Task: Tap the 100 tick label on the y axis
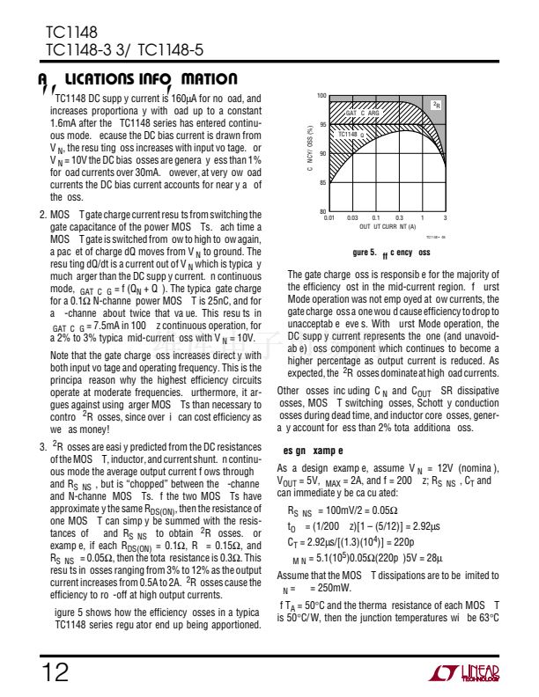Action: coord(321,96)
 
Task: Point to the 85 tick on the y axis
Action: coord(322,182)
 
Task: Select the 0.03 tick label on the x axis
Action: coord(353,217)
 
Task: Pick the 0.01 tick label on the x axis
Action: coord(330,217)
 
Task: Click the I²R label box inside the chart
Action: coord(436,105)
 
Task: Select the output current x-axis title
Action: coord(388,226)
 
